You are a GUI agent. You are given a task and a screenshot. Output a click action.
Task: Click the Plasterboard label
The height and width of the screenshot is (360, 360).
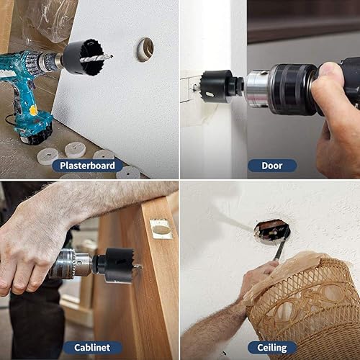pyautogui.click(x=87, y=166)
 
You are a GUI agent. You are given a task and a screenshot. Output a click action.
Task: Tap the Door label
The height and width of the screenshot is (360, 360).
pyautogui.click(x=272, y=166)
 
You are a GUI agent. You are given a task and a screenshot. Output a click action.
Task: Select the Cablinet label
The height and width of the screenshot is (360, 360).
pyautogui.click(x=92, y=348)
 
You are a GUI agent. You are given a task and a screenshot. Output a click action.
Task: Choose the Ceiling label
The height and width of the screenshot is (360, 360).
pyautogui.click(x=272, y=348)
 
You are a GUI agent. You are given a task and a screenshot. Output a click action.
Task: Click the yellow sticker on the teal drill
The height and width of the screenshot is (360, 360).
pyautogui.click(x=33, y=110)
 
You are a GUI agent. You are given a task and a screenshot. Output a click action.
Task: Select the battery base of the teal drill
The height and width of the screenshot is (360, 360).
pyautogui.click(x=36, y=133)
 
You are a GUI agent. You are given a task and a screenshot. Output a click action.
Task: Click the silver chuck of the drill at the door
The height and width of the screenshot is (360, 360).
pyautogui.click(x=258, y=88)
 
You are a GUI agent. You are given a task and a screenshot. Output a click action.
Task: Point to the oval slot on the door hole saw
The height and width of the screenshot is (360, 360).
pyautogui.click(x=210, y=94)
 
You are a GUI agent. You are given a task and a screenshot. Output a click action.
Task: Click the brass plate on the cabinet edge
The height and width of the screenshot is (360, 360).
pyautogui.click(x=161, y=229)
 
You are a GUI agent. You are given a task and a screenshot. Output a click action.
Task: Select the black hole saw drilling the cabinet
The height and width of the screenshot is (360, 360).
pyautogui.click(x=118, y=265)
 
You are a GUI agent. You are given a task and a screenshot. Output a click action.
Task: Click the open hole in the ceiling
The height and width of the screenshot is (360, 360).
pyautogui.click(x=272, y=230)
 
